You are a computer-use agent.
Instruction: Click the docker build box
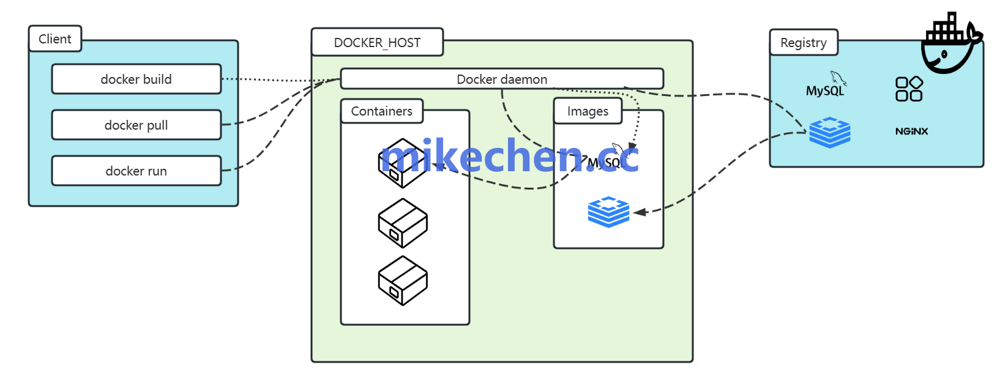136,79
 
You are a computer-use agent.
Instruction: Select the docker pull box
136,125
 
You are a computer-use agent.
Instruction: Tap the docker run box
136,171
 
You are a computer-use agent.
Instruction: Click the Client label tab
55,39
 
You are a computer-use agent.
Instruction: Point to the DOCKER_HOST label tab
377,42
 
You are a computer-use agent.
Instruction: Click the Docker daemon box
502,79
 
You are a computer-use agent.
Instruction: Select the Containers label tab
381,111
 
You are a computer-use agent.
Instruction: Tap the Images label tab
588,111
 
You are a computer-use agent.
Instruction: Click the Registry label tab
803,43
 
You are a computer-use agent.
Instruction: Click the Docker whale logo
950,44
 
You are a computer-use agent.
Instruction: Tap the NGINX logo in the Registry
911,131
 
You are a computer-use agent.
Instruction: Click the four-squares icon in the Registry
909,89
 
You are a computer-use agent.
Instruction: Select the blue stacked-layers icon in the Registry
830,132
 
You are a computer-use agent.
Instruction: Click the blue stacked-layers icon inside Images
608,212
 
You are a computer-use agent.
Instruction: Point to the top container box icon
402,163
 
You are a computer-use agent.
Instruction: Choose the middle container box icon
402,223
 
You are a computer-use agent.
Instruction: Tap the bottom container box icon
402,281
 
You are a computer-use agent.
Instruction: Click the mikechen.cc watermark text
509,157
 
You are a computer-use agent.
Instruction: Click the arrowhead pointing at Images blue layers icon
640,212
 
